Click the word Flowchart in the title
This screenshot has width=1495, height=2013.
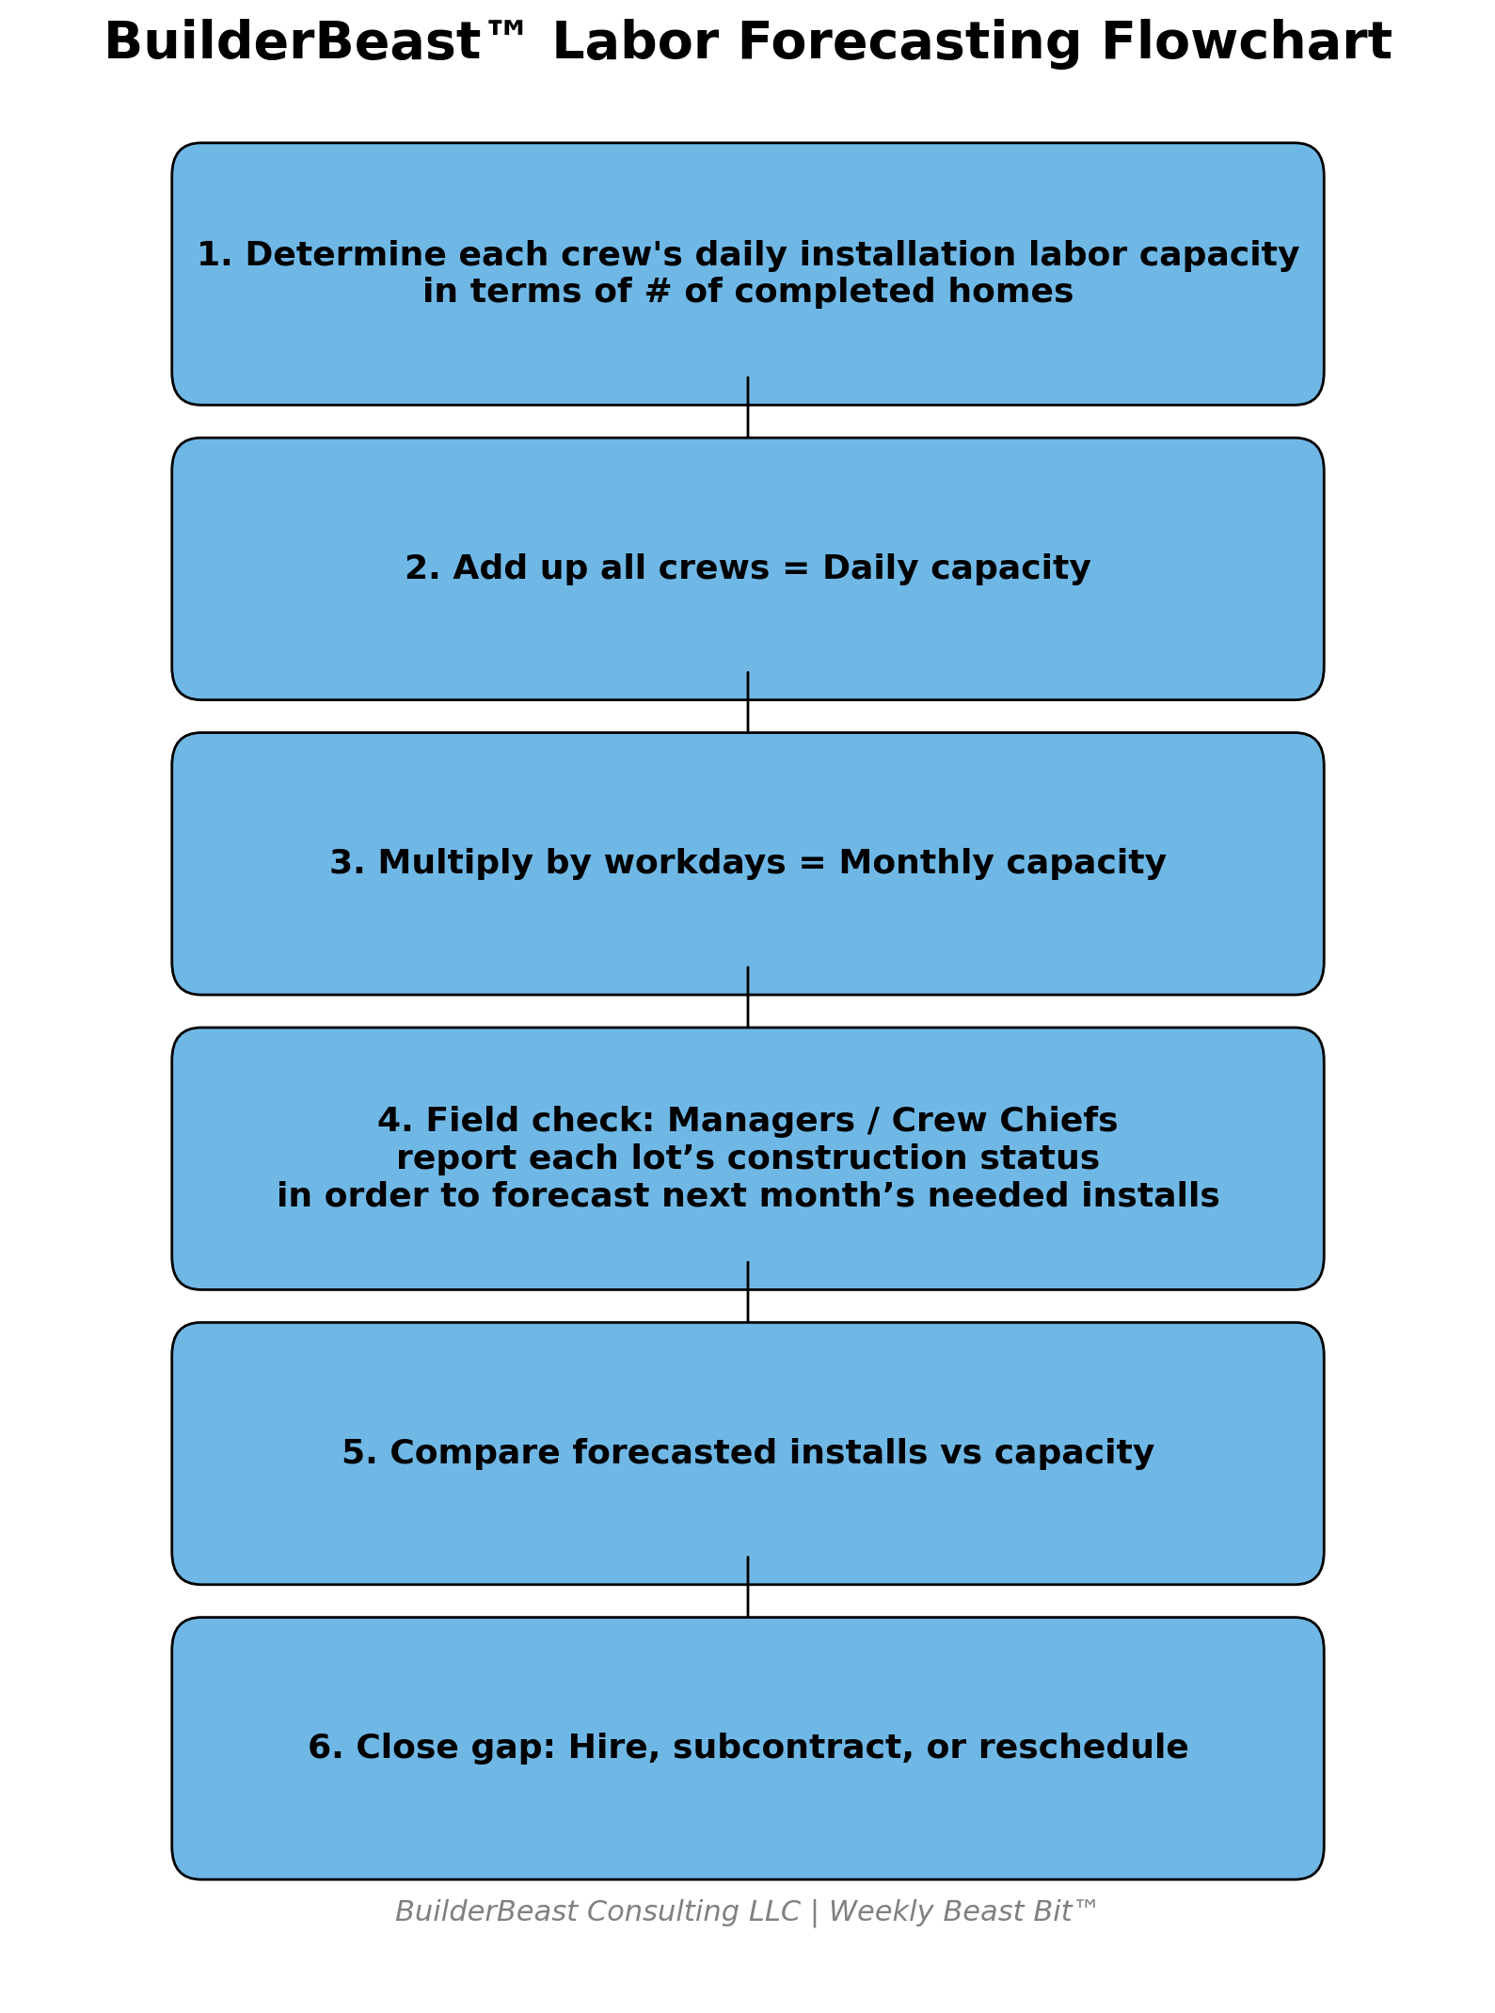1246,43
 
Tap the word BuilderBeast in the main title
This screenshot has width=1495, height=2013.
292,43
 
